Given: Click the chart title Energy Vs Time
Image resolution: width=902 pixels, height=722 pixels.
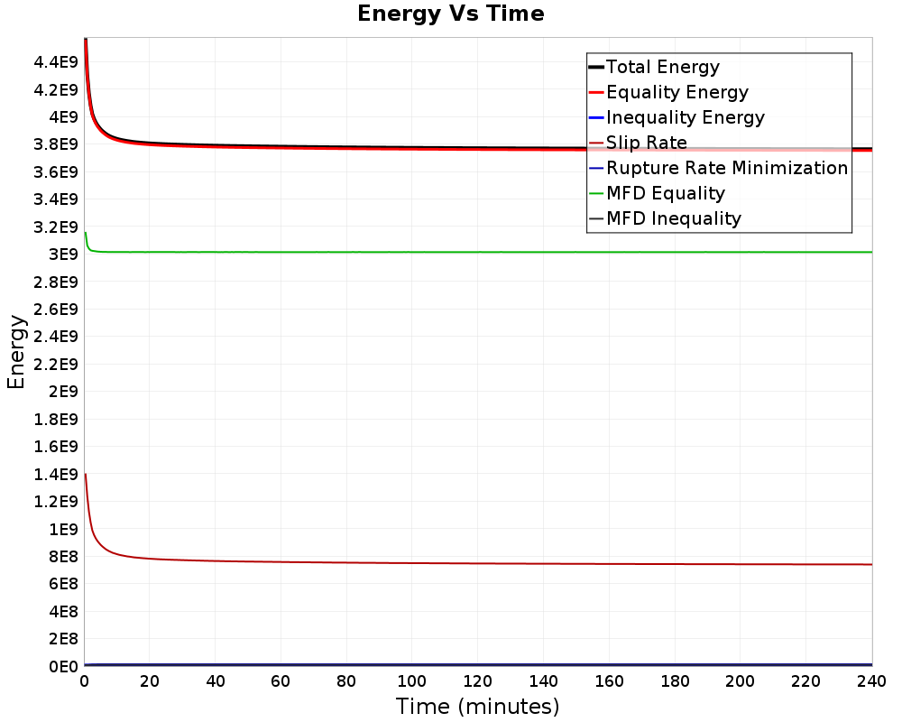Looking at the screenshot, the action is (450, 14).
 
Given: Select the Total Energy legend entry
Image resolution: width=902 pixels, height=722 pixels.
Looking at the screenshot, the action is (654, 67).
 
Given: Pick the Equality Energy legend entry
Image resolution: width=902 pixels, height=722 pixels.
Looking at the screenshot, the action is (668, 92).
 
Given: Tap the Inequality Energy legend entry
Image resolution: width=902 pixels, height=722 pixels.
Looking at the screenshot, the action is (676, 117).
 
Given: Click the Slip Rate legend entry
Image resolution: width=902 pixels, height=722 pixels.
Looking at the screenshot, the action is (638, 143).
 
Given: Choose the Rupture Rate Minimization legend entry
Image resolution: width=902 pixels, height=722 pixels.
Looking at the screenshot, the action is (719, 168).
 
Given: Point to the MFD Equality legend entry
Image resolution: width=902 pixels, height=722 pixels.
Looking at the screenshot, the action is (657, 193).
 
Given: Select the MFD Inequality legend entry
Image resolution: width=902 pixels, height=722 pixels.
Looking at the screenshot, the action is (665, 218).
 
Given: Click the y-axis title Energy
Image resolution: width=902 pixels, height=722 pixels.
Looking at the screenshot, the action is (16, 352).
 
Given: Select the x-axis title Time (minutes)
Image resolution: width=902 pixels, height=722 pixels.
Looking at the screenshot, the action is (477, 707).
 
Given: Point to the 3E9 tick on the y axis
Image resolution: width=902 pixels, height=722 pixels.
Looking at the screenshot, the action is (63, 255).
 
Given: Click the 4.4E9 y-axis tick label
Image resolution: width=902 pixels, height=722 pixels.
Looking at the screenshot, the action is (56, 61).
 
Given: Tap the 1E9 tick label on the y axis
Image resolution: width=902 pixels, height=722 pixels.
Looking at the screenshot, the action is (63, 529).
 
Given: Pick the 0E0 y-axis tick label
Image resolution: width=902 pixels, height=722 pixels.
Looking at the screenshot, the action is (63, 667).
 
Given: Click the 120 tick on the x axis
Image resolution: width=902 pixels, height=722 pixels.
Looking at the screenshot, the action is (477, 681).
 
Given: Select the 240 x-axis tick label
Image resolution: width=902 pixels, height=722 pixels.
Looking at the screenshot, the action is (871, 681).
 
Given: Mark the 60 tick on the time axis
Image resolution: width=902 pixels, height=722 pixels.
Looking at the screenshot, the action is (281, 681).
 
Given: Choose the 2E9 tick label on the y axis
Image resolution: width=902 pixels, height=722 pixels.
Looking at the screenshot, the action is (63, 392).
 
